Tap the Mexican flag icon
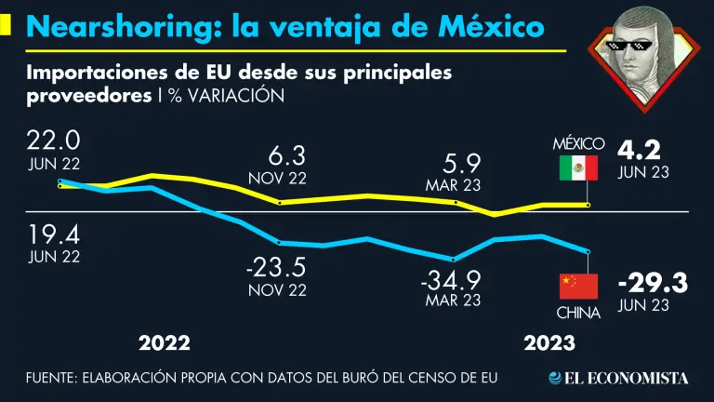pos(578,168)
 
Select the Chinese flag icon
pos(577,287)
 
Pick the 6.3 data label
pos(277,154)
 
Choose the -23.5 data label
pos(276,267)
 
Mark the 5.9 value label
pos(455,164)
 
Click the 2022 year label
pos(165,343)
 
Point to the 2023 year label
pos(549,343)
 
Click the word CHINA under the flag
pos(578,314)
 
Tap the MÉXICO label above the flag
pos(578,144)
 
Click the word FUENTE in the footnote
pos(51,378)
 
